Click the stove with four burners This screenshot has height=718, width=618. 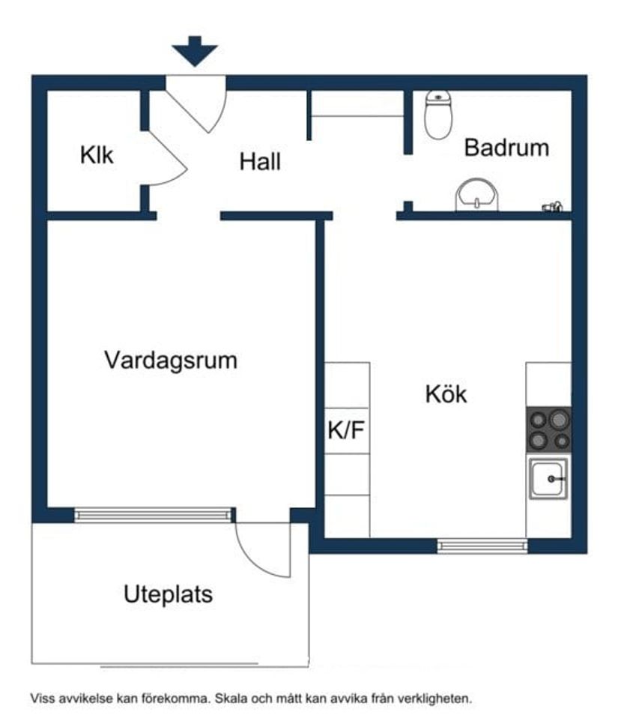tap(548, 429)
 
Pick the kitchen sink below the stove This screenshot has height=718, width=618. tap(548, 478)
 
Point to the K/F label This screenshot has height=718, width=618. tap(346, 431)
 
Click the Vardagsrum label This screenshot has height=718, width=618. tap(170, 360)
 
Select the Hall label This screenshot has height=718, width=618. tap(260, 161)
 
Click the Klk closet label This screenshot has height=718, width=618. tap(97, 156)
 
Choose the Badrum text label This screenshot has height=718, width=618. tap(506, 148)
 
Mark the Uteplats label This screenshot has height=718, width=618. tap(168, 595)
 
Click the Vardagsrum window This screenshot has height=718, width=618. tap(154, 515)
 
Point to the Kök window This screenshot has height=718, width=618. tap(482, 546)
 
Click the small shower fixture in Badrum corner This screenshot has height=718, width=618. tap(553, 206)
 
